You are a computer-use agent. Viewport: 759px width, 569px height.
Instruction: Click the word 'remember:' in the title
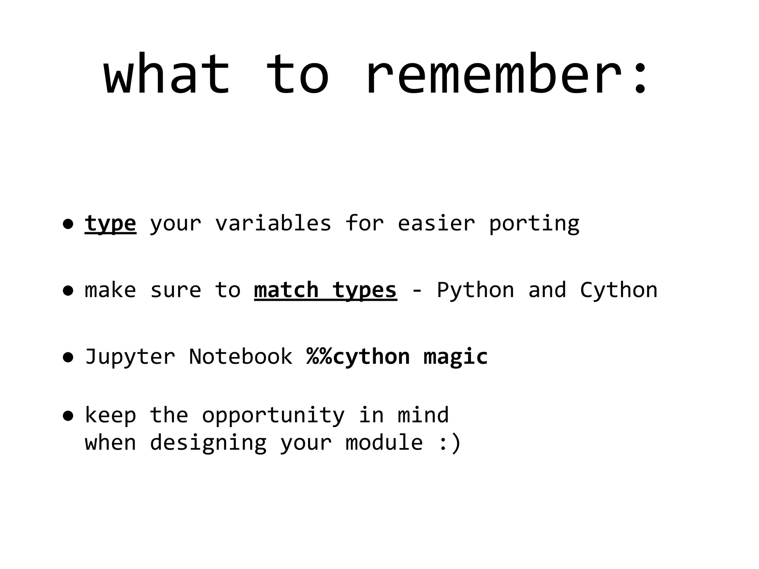(x=506, y=74)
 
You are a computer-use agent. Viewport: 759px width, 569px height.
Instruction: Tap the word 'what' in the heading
(x=167, y=74)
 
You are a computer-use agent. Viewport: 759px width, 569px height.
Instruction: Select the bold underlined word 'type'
(x=110, y=224)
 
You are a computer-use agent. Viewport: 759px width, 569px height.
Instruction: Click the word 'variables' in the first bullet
(x=273, y=223)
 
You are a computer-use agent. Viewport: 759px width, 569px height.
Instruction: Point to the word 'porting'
(x=534, y=224)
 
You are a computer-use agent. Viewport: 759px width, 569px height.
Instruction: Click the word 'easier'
(x=436, y=223)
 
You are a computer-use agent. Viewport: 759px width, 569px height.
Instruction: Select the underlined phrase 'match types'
(x=325, y=290)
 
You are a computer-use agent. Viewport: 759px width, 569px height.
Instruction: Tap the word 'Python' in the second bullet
(x=475, y=290)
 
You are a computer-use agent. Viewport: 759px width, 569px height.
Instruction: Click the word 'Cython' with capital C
(x=619, y=290)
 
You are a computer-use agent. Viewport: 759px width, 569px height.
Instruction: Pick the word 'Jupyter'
(x=130, y=357)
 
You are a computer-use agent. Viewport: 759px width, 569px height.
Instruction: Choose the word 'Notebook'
(x=241, y=356)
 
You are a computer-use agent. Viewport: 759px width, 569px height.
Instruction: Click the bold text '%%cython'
(x=358, y=357)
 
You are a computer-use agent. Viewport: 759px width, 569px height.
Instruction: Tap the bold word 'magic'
(x=455, y=357)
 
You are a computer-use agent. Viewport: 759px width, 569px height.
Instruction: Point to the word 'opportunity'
(x=273, y=416)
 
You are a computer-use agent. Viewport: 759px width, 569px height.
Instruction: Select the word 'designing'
(x=208, y=443)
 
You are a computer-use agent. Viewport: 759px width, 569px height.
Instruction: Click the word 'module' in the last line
(x=384, y=442)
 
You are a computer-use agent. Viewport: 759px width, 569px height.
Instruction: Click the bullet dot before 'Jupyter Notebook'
(x=68, y=357)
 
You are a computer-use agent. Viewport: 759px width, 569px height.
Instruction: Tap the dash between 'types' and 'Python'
(x=417, y=290)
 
